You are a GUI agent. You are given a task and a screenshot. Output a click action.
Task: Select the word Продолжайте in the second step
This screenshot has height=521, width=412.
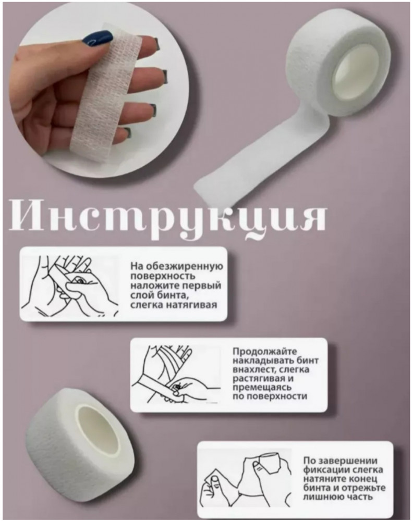coord(264,352)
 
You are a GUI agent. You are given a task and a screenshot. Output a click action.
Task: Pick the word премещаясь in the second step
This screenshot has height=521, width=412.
coord(262,387)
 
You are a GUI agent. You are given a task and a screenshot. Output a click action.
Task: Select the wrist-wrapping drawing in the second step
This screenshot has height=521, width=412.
coord(176,374)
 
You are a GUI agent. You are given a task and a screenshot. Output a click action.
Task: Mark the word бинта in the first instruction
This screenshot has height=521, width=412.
coord(169,295)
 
